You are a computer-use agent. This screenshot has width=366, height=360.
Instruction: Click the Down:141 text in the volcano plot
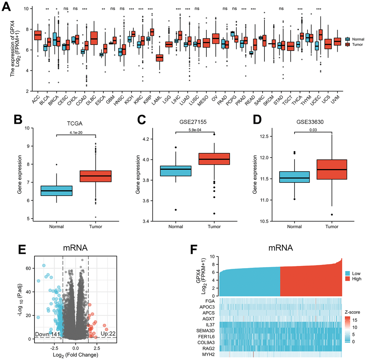click(46, 335)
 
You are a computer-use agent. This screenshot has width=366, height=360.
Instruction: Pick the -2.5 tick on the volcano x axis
click(53, 347)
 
